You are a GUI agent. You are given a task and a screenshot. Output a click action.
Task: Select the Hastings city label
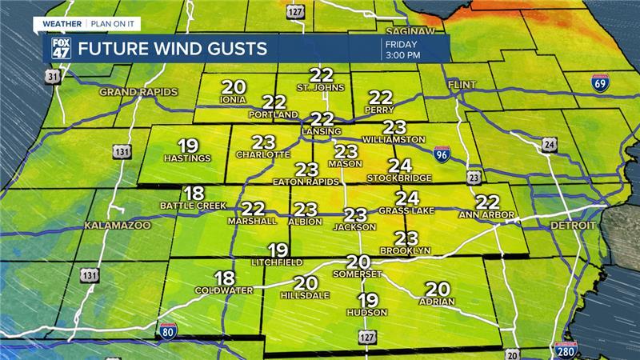(x=187, y=158)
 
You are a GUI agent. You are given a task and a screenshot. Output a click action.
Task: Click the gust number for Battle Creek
(x=194, y=193)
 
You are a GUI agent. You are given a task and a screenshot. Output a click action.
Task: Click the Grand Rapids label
(x=131, y=93)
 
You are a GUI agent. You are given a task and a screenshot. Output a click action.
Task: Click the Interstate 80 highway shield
(x=166, y=332)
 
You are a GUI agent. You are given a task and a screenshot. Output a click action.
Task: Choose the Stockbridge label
(x=398, y=178)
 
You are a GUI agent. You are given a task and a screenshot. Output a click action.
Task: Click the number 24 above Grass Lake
(x=408, y=198)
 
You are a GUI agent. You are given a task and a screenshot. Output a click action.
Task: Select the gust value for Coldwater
(x=225, y=278)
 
